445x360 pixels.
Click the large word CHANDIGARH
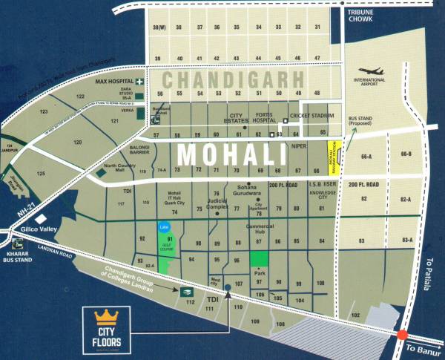(x=234, y=79)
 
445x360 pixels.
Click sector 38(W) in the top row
(x=158, y=27)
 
